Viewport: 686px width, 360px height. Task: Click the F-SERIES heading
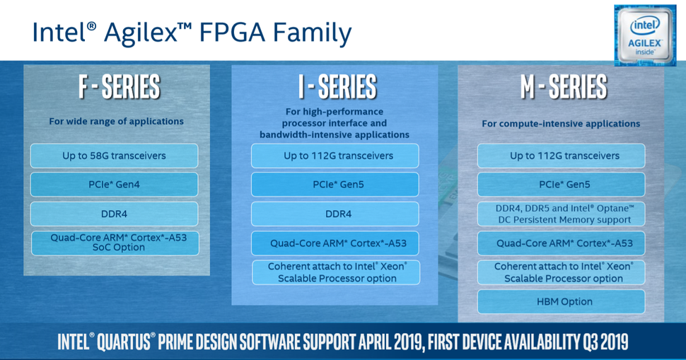click(118, 88)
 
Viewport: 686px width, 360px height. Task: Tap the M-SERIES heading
click(564, 88)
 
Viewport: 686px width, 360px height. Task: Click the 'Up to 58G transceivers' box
click(115, 156)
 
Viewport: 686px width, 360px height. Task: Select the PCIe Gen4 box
click(115, 185)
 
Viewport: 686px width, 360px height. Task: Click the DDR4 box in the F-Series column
click(115, 214)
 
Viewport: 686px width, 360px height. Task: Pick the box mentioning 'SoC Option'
click(115, 243)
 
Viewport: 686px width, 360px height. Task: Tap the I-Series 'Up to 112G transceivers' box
click(335, 156)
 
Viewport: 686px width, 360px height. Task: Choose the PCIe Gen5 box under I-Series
click(335, 185)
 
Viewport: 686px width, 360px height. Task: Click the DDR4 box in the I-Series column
click(335, 214)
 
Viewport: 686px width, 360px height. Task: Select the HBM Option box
click(561, 301)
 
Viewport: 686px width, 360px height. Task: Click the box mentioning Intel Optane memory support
click(561, 214)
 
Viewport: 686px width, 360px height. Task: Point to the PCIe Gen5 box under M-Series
click(561, 185)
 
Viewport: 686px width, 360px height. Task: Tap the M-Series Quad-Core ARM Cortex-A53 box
click(561, 243)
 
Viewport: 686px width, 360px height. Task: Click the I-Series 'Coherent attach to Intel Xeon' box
click(335, 272)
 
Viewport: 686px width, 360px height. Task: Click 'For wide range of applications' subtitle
click(116, 122)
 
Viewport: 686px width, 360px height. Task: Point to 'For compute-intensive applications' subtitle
click(561, 124)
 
